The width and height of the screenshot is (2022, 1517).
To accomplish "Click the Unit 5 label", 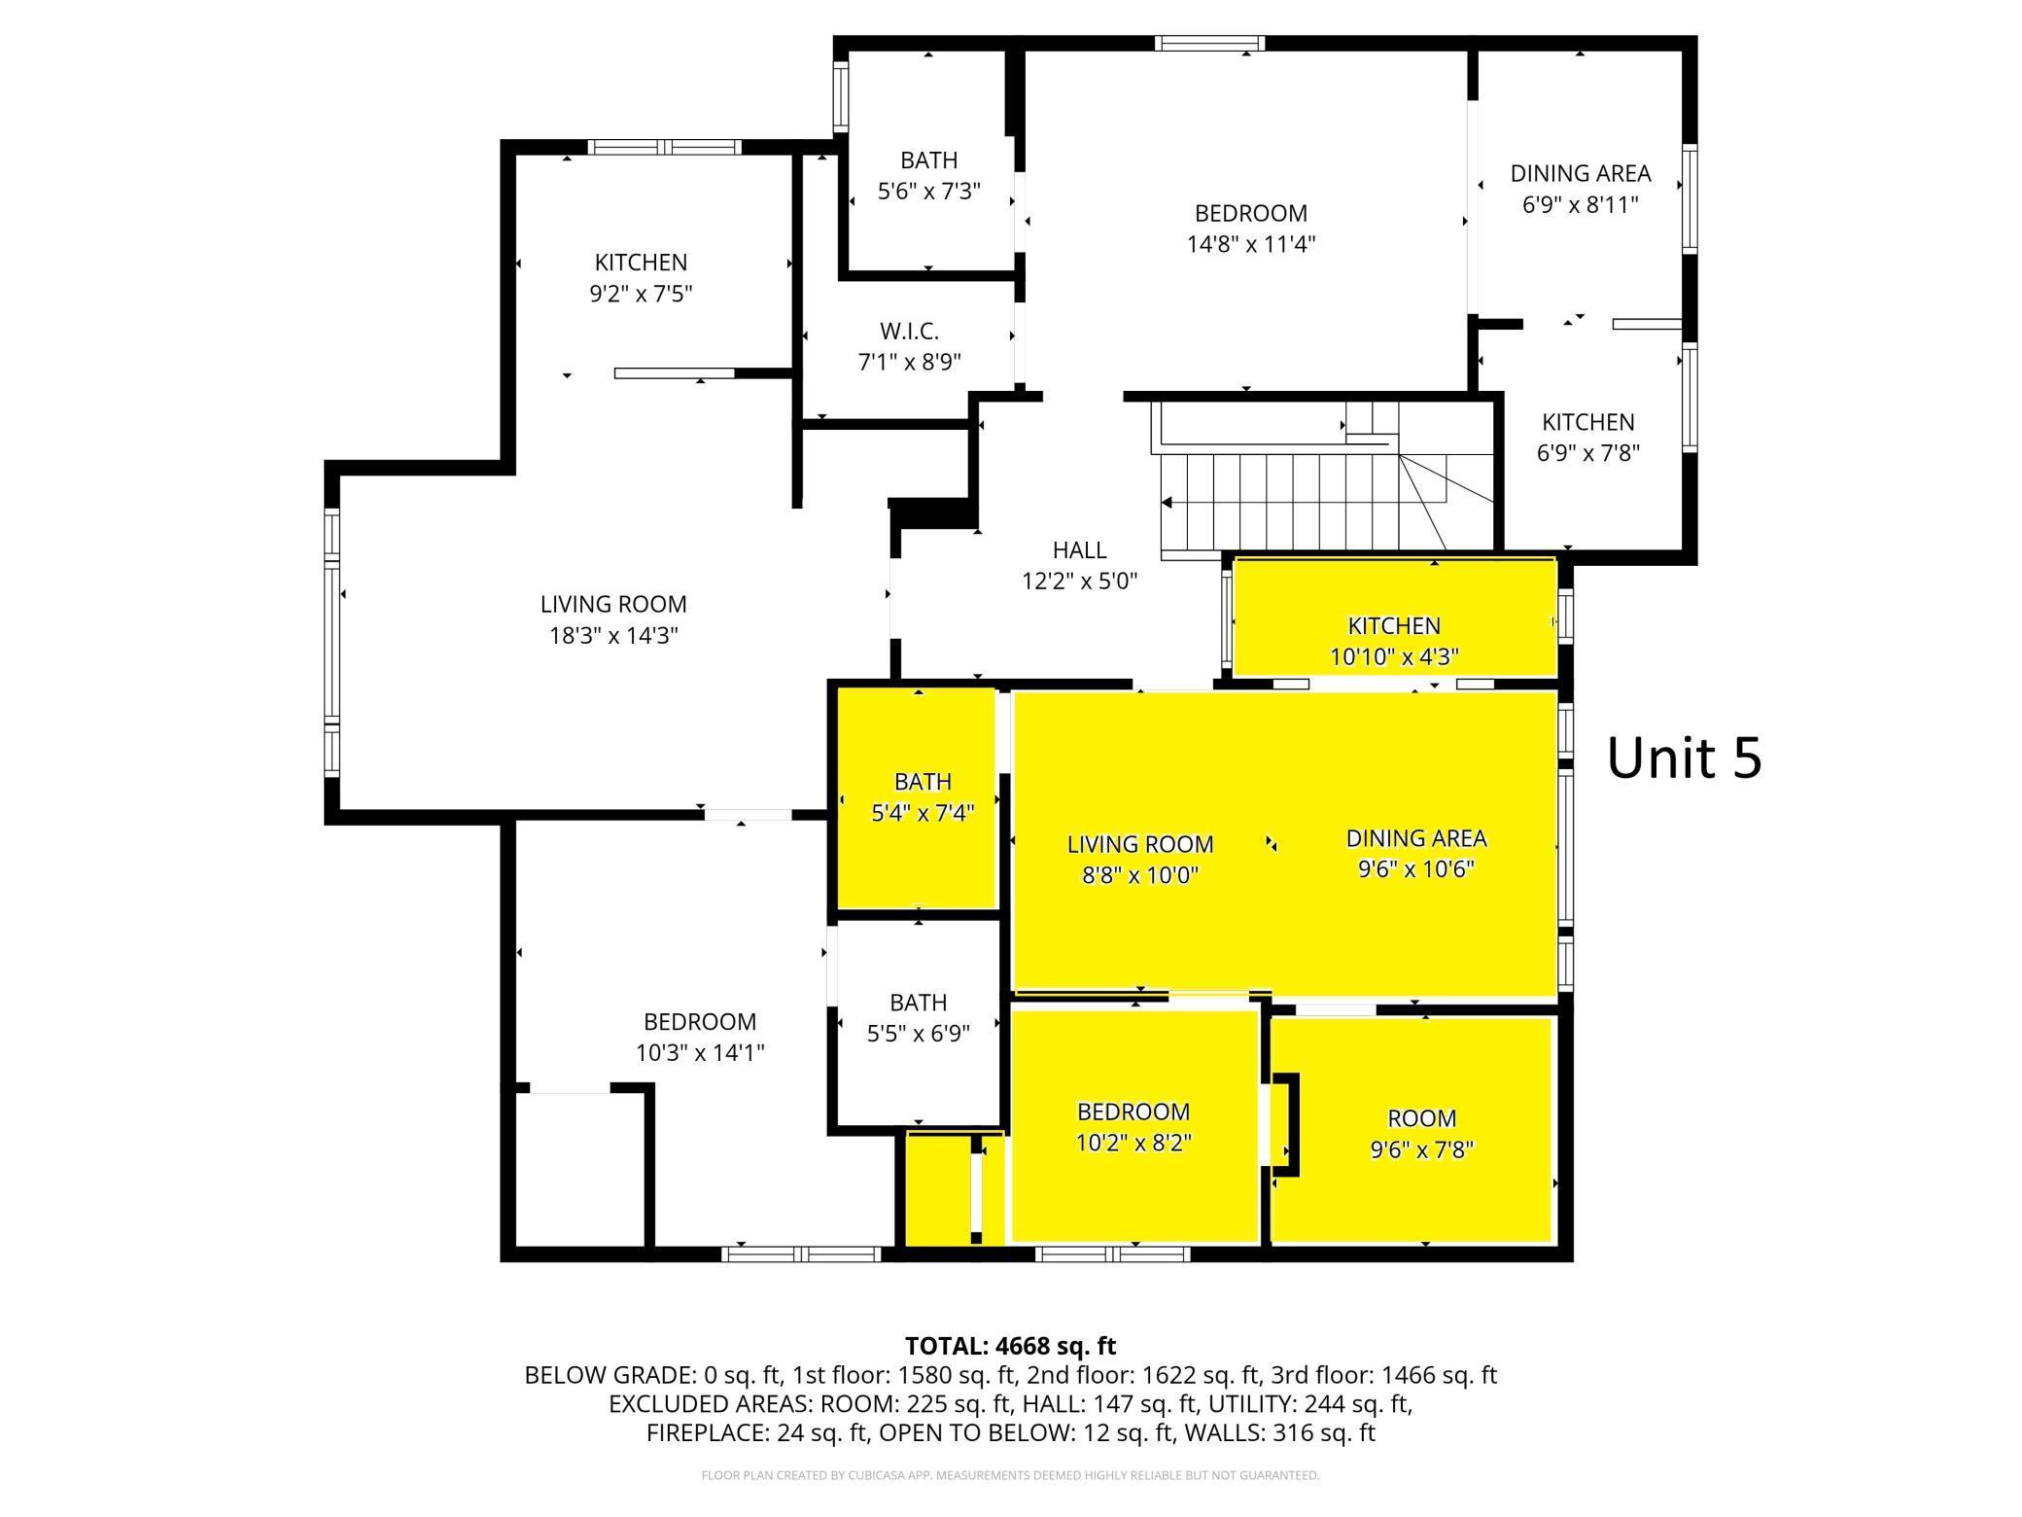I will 1684,758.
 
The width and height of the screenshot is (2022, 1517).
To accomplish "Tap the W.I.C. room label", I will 909,346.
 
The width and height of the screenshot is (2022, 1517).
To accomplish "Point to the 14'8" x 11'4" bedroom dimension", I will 1250,244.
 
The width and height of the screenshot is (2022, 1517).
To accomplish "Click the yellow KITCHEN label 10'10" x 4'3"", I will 1393,640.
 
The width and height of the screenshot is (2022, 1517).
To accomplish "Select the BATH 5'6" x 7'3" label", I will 928,175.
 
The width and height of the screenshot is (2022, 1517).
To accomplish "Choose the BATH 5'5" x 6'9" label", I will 918,1017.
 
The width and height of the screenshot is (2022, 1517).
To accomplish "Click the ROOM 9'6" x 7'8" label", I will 1421,1133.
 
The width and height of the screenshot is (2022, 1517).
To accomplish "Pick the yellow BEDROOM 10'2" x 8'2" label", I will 1133,1126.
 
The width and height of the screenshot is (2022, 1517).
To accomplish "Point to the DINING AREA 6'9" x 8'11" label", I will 1580,189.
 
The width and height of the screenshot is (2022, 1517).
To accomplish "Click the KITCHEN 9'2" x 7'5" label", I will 641,277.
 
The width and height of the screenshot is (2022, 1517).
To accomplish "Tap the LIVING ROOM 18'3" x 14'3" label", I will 612,619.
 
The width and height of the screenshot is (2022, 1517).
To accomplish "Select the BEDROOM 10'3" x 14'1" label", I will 699,1037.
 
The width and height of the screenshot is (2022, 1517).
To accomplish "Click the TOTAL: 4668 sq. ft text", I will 1010,1346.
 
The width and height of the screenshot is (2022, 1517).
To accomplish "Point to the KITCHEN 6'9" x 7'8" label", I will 1587,437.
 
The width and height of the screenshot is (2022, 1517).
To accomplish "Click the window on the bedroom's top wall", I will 1209,43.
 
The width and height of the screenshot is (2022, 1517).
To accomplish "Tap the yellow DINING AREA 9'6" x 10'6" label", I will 1415,853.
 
